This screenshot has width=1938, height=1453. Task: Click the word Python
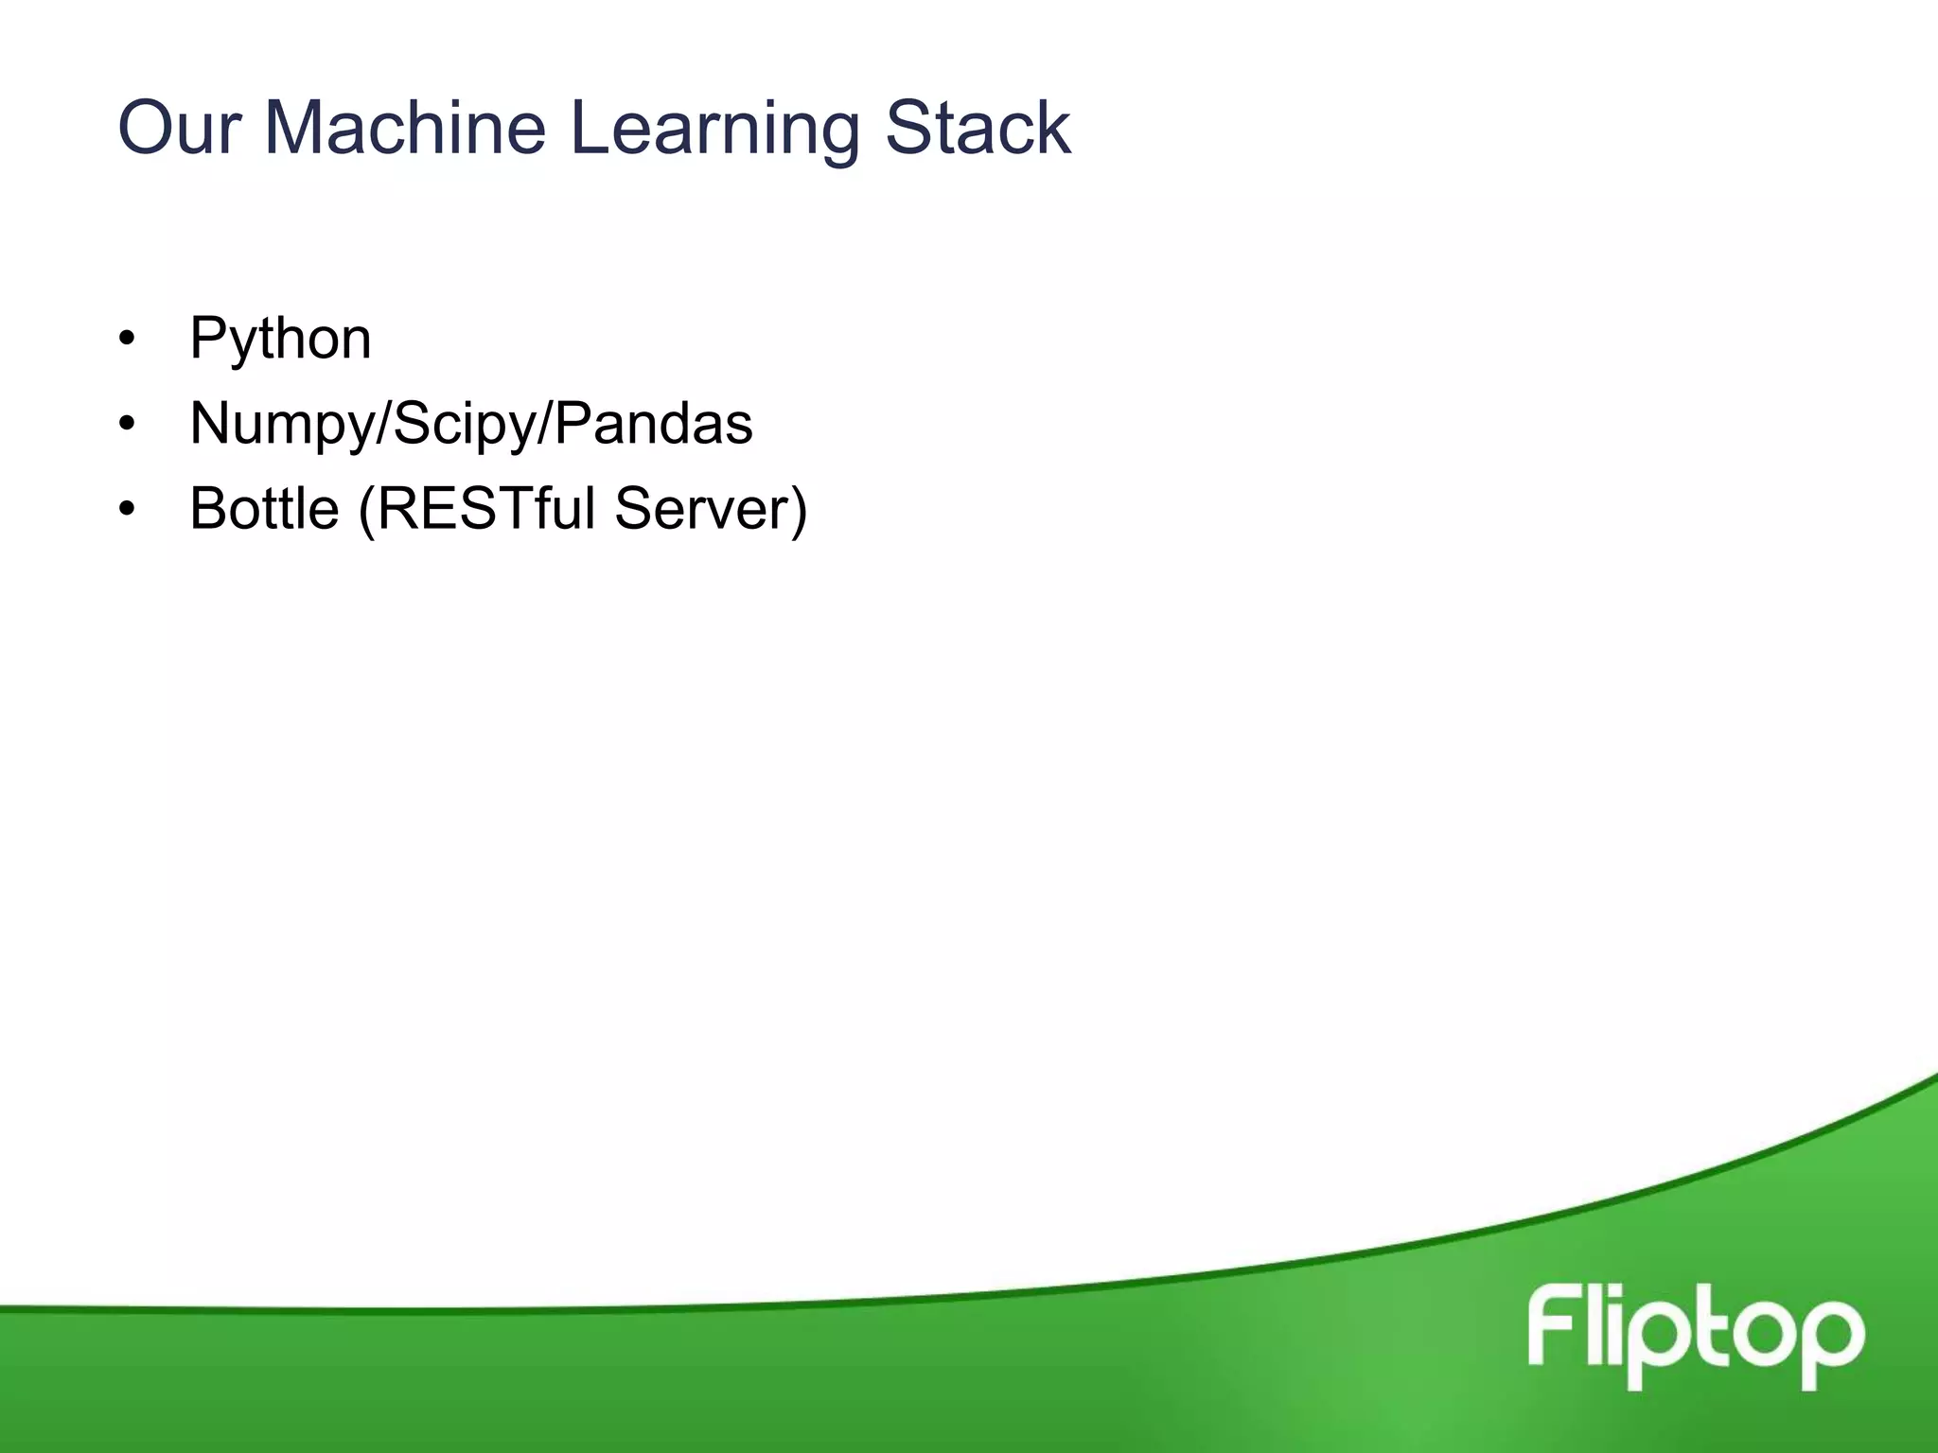pyautogui.click(x=280, y=339)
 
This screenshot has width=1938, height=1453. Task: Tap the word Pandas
pyautogui.click(x=653, y=423)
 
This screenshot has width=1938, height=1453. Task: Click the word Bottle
pyautogui.click(x=264, y=508)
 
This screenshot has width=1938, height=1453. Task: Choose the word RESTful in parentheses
pyautogui.click(x=485, y=508)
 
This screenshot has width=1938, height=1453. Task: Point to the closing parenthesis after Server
pyautogui.click(x=799, y=510)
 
